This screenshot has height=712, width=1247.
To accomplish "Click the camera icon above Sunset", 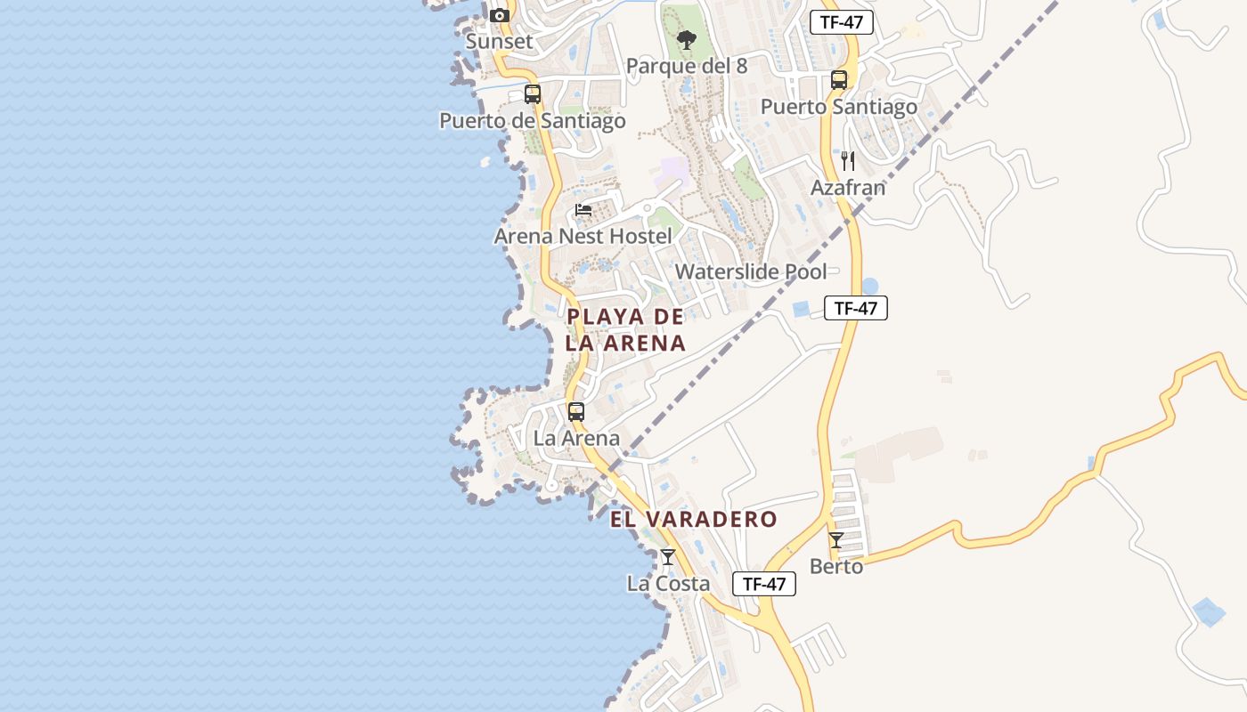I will [500, 15].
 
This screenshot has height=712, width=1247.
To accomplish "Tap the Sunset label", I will [500, 41].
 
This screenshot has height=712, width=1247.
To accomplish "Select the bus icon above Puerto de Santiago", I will [533, 93].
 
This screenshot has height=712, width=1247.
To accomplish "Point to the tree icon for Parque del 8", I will [686, 40].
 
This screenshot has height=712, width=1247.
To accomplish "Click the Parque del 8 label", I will [686, 66].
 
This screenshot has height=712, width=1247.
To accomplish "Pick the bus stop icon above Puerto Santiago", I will [839, 80].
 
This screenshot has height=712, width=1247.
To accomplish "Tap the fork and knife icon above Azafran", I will [848, 161].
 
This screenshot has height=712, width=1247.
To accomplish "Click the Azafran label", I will [848, 188].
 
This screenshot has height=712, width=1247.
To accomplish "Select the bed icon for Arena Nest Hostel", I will [583, 210].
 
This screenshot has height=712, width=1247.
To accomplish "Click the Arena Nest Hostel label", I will [583, 236].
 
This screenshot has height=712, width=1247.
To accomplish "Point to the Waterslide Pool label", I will [751, 271].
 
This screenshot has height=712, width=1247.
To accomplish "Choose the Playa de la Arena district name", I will [626, 329].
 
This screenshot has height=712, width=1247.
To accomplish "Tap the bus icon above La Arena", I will [576, 412].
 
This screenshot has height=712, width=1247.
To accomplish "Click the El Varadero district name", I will [694, 519].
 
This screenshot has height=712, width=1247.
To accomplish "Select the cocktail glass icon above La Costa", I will [668, 557].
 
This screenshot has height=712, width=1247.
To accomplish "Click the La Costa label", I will [668, 584].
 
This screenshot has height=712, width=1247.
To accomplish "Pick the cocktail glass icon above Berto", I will [836, 540].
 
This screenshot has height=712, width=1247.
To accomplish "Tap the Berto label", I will [836, 566].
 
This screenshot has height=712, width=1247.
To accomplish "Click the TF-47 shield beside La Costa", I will [764, 584].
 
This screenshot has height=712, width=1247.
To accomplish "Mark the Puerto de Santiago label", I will [533, 120].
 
